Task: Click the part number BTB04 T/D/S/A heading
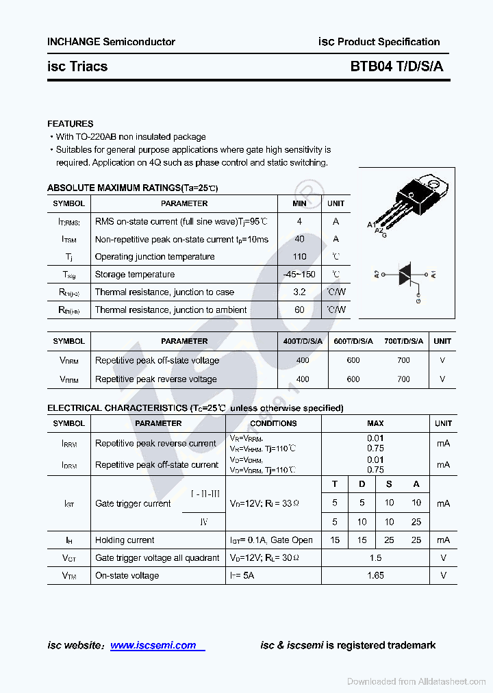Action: (396, 66)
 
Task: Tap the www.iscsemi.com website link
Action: (153, 645)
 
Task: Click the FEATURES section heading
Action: (70, 124)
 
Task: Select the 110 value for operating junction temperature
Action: (299, 257)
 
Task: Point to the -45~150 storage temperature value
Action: (299, 275)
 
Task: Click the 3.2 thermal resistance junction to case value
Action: (299, 292)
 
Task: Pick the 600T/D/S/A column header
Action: (353, 341)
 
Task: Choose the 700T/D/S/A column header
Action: (403, 341)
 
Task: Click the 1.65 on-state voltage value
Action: (375, 576)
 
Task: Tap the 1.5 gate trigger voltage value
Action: (375, 558)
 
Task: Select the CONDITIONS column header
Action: (273, 423)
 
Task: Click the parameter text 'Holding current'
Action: (125, 540)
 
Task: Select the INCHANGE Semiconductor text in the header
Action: (111, 42)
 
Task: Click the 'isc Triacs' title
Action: (77, 66)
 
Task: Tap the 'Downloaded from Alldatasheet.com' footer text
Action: (416, 681)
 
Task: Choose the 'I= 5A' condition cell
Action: (242, 576)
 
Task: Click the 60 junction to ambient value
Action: (299, 310)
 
